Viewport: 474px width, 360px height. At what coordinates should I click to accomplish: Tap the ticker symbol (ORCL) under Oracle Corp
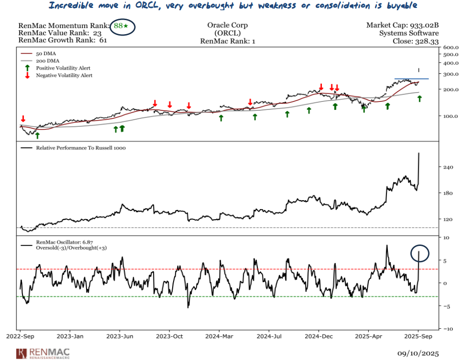pos(227,33)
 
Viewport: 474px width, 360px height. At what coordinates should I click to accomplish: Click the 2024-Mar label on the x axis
pos(219,336)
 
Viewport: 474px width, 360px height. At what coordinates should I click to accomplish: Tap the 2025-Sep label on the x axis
pos(419,336)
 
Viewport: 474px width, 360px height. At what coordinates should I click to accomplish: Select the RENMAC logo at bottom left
pos(42,353)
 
